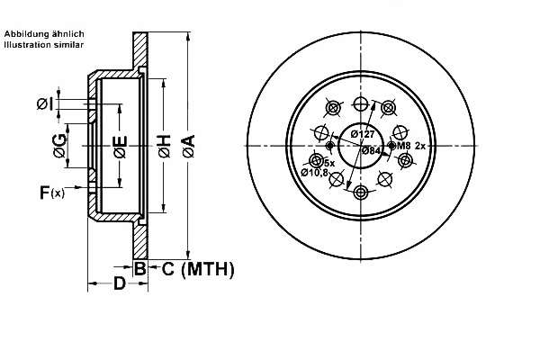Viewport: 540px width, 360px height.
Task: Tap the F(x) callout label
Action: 52,192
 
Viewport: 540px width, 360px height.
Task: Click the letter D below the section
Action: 120,286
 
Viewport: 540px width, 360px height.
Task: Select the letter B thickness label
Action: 140,269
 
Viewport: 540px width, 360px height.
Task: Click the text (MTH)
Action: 207,269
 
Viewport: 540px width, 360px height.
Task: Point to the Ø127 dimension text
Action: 363,135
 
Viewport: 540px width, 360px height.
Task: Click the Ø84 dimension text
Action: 372,151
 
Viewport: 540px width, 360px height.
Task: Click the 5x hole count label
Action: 329,162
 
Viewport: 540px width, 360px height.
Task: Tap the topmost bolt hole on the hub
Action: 361,103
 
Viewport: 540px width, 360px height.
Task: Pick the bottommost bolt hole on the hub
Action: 361,193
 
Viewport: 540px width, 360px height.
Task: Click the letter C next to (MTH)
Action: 167,269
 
